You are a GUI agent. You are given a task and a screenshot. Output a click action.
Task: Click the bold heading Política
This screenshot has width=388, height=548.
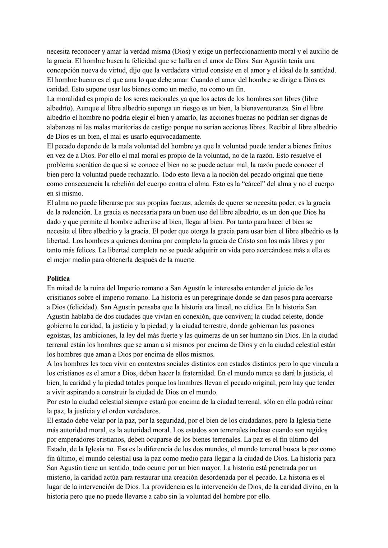click(x=58, y=278)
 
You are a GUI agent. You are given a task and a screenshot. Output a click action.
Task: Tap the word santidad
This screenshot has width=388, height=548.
click(x=322, y=70)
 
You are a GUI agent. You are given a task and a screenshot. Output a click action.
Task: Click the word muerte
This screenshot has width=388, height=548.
click(x=184, y=260)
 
